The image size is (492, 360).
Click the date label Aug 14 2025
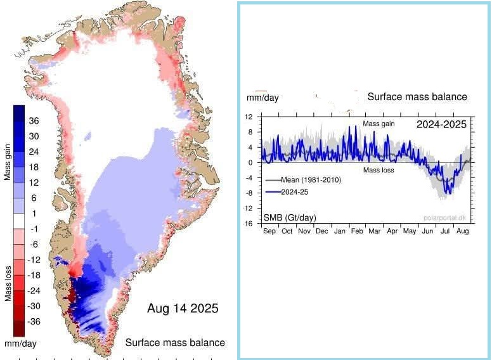pyautogui.click(x=183, y=309)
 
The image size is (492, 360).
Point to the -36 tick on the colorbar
pyautogui.click(x=33, y=321)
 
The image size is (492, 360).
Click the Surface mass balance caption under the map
pyautogui.click(x=175, y=343)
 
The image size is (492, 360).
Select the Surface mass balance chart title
pyautogui.click(x=417, y=97)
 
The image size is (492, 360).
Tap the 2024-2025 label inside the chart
pyautogui.click(x=441, y=124)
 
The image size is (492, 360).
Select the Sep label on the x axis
pyautogui.click(x=269, y=232)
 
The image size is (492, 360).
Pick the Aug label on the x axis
pyautogui.click(x=463, y=232)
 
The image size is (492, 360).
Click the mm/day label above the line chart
pyautogui.click(x=262, y=98)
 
